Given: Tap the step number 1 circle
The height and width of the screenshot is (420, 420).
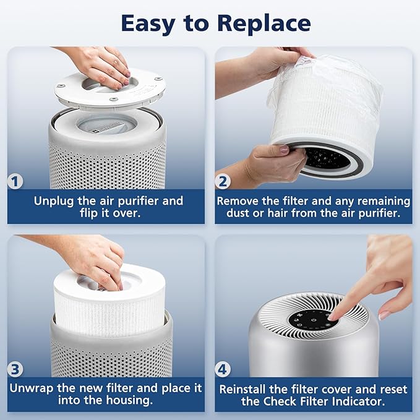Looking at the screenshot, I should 16,182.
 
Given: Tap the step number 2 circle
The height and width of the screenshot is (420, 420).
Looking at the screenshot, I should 224,182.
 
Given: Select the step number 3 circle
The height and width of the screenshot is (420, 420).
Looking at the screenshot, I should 16,370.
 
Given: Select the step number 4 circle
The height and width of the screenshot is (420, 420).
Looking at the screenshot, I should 224,370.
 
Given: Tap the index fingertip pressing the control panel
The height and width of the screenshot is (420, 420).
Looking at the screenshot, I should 335,316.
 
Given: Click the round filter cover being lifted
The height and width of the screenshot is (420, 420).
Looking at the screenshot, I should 110,89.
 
